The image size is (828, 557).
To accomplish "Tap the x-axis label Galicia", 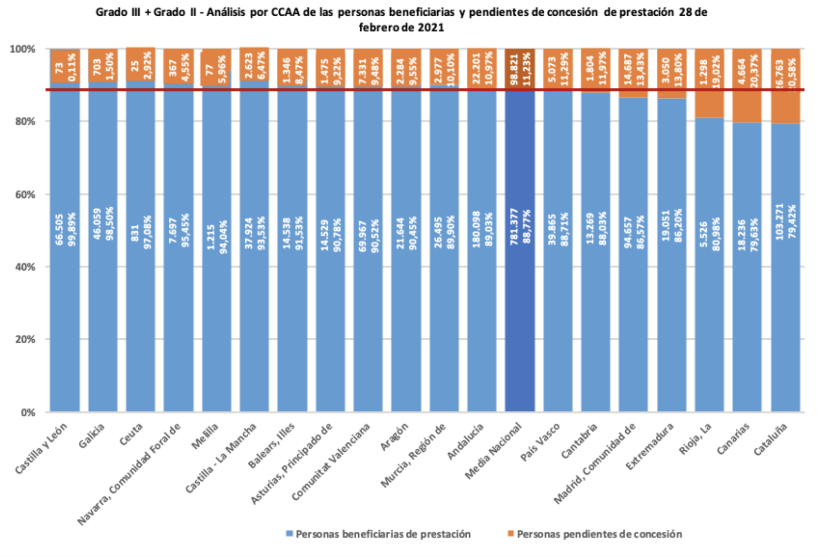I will pyautogui.click(x=92, y=435).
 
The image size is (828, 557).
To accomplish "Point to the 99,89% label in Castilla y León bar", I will pyautogui.click(x=72, y=229).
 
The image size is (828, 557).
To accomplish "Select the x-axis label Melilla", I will pyautogui.click(x=205, y=436).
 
